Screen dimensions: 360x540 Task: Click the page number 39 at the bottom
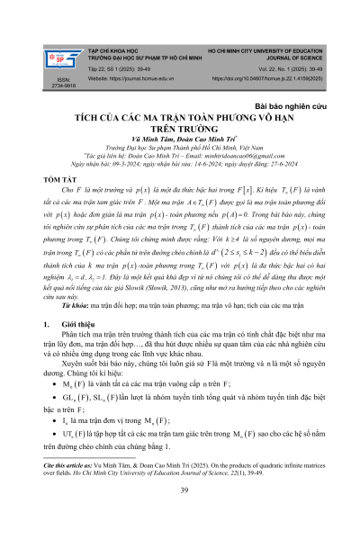tap(180, 516)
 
